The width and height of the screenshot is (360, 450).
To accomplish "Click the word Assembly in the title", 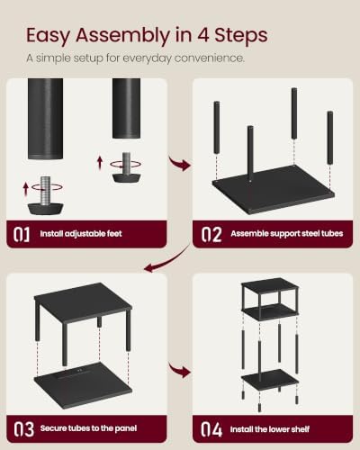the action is [122, 36].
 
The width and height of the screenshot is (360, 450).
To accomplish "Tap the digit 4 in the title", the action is [203, 35].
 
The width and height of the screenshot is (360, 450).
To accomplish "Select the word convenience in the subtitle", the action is [209, 58].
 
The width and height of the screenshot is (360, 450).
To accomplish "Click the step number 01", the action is [22, 234].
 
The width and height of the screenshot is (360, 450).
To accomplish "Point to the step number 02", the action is [211, 234].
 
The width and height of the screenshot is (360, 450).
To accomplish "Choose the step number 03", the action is [23, 429].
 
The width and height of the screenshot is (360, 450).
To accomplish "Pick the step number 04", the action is [211, 429].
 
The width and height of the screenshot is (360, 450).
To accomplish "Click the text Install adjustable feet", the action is [81, 234].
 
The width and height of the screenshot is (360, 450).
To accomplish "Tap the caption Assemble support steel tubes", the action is [287, 233].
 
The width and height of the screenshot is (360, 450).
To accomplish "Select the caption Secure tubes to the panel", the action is [88, 428].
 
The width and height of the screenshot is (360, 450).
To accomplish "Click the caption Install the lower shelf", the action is [270, 429].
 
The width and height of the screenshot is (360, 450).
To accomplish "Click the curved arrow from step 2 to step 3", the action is [168, 261].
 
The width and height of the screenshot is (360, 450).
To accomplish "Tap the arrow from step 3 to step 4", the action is [179, 370].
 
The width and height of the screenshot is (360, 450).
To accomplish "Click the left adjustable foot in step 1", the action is [46, 195].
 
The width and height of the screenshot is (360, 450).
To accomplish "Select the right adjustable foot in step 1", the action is [126, 167].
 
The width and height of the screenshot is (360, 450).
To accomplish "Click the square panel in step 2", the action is [273, 189].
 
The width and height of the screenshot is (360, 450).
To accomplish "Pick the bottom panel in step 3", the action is [83, 385].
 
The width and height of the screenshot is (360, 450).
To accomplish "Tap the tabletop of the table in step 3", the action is [83, 298].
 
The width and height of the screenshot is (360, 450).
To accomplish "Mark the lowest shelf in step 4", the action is [270, 380].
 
